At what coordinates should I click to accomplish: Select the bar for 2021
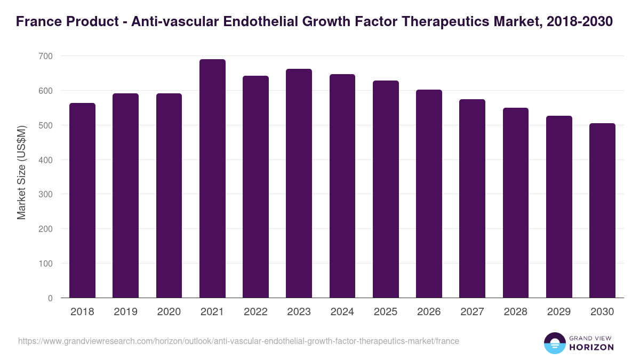tap(212, 179)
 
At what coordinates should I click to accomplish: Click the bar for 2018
tap(82, 201)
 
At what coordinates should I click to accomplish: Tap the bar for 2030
tap(602, 211)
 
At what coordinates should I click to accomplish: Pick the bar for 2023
tap(299, 183)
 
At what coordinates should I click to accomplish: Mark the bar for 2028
tap(515, 203)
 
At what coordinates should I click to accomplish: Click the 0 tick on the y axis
tap(50, 298)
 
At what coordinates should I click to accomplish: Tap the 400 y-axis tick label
tap(45, 160)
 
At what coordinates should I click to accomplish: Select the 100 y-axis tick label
tap(45, 263)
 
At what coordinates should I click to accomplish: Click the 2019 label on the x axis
tap(125, 312)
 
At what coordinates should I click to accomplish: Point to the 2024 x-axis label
tap(342, 312)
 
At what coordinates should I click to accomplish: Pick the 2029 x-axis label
tap(558, 312)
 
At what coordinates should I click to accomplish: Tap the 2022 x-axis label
tap(255, 312)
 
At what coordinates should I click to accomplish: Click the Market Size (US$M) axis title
tap(21, 172)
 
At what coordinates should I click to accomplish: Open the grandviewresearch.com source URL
tap(238, 341)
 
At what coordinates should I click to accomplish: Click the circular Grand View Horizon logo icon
tap(554, 343)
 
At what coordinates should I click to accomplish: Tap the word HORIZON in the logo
tap(591, 347)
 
